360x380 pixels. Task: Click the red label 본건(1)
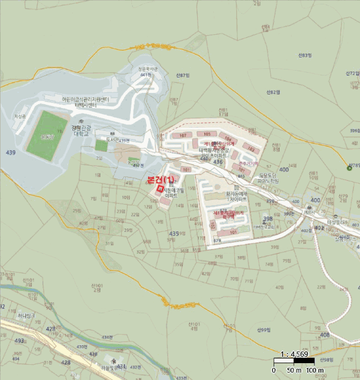(161, 180)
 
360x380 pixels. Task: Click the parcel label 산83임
(306, 55)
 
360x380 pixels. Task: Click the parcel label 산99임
(262, 330)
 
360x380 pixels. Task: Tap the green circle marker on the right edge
(350, 167)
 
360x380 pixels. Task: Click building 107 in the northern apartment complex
(182, 135)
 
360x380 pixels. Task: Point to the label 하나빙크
(26, 315)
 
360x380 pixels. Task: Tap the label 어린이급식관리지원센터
(78, 99)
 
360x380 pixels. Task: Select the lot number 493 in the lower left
(19, 341)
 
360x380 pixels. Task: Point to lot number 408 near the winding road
(325, 335)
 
